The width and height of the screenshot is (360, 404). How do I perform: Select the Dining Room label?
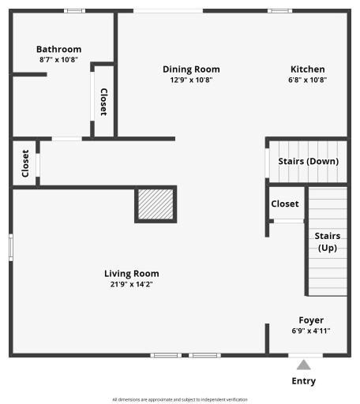191,69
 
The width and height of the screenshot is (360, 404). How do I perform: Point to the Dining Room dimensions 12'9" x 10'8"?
191,80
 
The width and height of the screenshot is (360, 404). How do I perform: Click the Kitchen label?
307,69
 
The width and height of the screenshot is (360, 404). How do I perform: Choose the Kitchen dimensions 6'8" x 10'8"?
307,80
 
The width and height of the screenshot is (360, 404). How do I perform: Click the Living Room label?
131,274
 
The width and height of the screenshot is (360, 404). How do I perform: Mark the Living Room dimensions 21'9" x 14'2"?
131,284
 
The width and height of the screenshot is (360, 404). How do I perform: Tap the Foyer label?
311,320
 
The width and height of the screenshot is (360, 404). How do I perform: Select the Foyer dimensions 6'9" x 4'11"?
311,331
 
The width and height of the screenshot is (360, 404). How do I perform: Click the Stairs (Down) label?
308,161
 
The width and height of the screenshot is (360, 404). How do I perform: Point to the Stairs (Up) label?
328,241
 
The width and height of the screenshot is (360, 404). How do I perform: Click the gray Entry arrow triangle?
303,365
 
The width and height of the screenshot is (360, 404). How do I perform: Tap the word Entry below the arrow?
303,381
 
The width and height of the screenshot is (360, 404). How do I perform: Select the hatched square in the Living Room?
155,204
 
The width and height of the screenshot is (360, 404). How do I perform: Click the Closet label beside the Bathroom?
103,101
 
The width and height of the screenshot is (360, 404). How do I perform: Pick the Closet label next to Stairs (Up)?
285,204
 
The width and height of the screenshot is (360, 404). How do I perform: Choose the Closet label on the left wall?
25,163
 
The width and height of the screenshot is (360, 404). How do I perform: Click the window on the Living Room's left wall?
10,247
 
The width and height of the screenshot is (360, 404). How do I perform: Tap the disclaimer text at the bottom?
180,399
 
